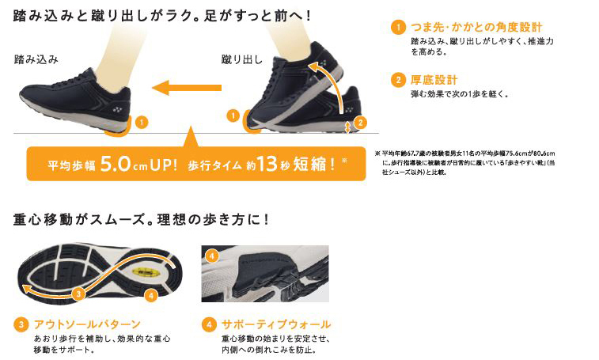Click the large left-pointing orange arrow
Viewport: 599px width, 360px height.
187,88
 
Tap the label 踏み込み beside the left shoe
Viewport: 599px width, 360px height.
36,59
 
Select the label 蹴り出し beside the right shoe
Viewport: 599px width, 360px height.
242,59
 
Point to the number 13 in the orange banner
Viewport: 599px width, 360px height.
267,164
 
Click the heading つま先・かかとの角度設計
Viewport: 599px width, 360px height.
476,27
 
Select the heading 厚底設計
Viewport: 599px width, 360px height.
434,80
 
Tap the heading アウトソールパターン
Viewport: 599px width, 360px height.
88,324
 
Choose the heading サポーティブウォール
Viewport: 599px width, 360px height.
276,324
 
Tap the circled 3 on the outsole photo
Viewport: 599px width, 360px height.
78,294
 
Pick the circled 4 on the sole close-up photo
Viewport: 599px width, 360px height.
212,256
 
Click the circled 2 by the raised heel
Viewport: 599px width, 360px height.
360,123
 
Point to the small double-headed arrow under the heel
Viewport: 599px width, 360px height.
347,127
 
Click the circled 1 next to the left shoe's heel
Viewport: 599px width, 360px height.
142,123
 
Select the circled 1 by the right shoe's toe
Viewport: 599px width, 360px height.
233,116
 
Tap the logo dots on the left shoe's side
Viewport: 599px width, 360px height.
117,110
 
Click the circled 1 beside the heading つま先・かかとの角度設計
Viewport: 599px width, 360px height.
398,27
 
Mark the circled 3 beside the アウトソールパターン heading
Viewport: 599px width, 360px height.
21,324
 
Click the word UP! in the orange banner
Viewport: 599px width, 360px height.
164,165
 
